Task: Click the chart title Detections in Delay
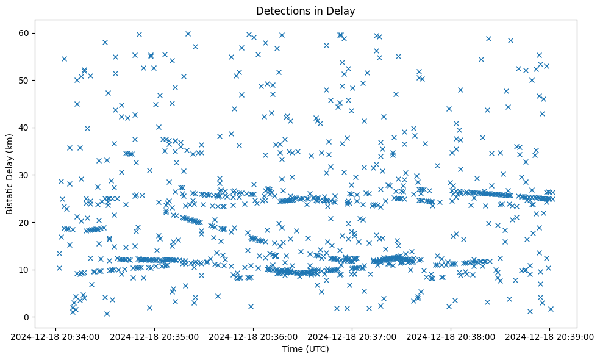point(305,10)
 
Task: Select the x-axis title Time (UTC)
point(305,349)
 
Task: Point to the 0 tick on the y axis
point(26,317)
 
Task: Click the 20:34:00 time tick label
point(55,336)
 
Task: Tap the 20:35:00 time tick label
point(154,336)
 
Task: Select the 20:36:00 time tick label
point(253,336)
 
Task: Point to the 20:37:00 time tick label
point(352,336)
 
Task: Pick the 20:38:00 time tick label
point(451,336)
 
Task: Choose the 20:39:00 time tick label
point(549,336)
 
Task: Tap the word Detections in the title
point(282,10)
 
